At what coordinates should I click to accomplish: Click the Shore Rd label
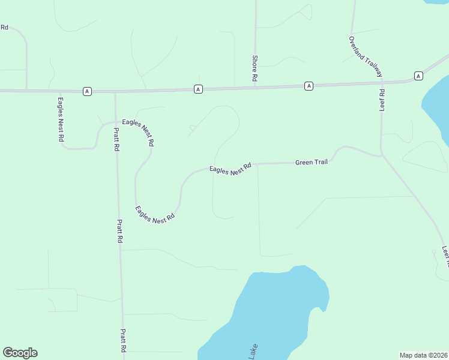click(255, 68)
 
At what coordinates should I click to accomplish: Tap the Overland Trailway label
click(366, 56)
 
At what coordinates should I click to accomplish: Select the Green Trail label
click(312, 162)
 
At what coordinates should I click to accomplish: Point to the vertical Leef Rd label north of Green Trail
click(382, 100)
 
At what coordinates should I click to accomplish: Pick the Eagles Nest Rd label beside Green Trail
click(230, 169)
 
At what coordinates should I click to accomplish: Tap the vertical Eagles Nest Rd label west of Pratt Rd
click(61, 119)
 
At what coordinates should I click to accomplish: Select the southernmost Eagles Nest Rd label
click(155, 215)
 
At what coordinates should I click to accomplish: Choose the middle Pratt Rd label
click(120, 230)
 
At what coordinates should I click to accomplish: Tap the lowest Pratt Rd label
click(123, 340)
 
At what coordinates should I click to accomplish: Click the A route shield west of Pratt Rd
click(88, 91)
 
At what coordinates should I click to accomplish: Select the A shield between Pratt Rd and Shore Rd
click(198, 89)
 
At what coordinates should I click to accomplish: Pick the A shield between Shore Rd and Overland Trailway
click(309, 86)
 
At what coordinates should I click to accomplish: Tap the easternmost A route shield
click(418, 76)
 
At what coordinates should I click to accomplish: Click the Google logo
click(20, 353)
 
